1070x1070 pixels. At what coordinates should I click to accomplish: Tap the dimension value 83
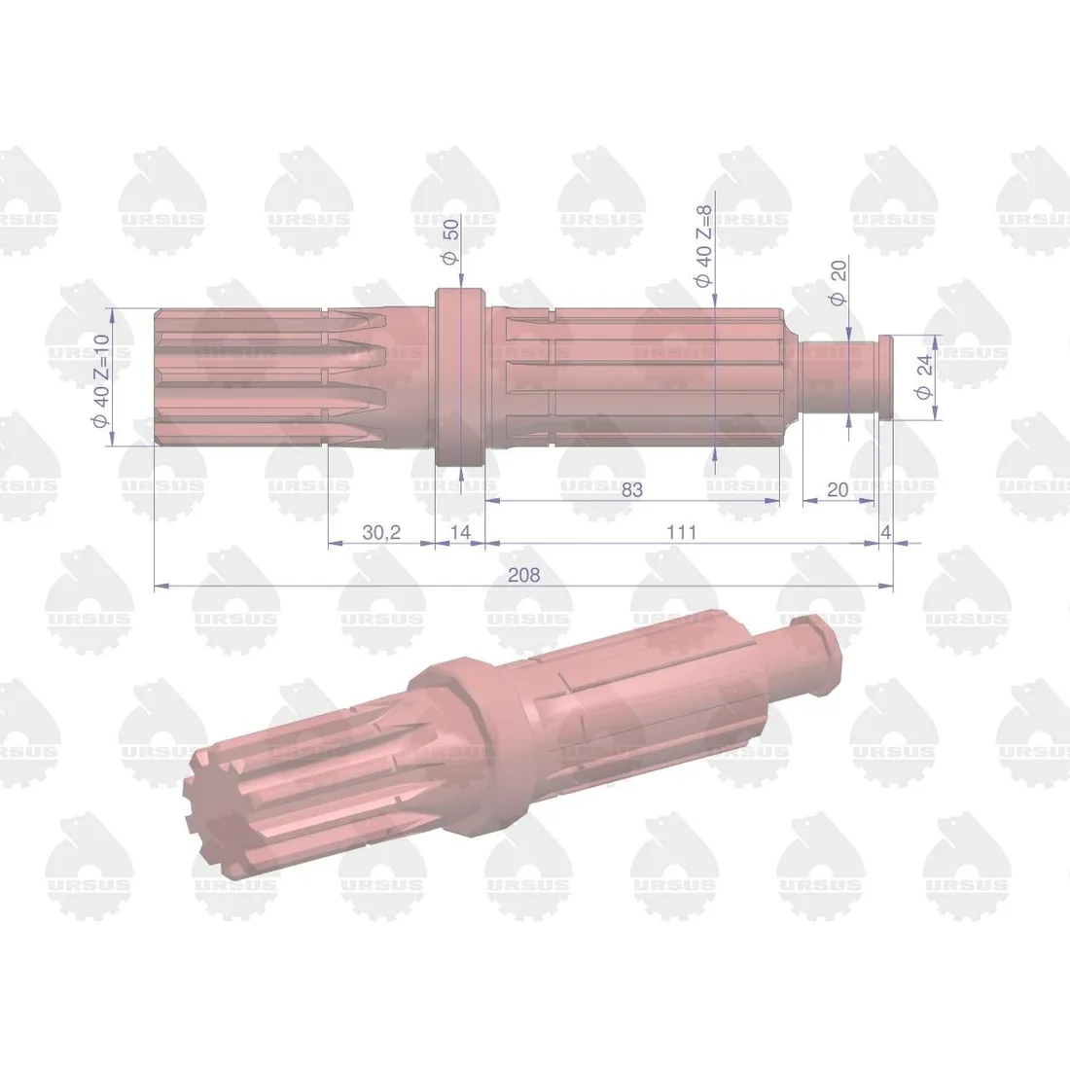[632, 489]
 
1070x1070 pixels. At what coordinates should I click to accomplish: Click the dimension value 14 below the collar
[460, 532]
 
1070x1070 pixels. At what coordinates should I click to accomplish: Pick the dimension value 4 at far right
[885, 532]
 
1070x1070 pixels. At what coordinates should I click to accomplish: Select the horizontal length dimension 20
[837, 489]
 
